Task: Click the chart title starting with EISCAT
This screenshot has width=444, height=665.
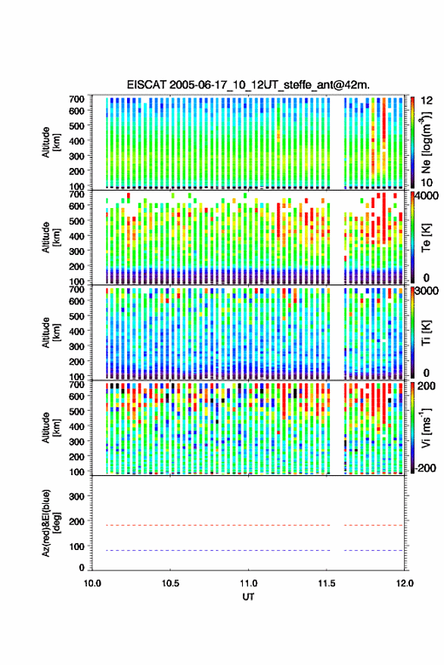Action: (x=249, y=85)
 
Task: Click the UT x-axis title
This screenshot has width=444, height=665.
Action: (x=248, y=597)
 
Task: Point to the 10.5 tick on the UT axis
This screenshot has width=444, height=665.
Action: (x=170, y=583)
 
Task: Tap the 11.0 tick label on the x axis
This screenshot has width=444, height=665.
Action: (x=248, y=583)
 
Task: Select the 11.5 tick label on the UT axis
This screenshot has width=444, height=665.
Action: (x=326, y=583)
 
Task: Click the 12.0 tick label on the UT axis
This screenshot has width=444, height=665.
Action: (x=404, y=583)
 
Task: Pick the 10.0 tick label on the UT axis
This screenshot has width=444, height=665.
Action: (x=92, y=583)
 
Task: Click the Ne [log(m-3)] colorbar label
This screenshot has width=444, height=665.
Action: (x=426, y=142)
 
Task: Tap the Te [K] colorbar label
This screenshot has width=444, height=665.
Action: (x=426, y=238)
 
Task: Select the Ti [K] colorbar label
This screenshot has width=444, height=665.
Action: (x=426, y=333)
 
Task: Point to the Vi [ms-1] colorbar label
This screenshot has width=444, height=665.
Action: (x=426, y=427)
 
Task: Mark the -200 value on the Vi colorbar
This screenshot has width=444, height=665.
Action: (x=425, y=468)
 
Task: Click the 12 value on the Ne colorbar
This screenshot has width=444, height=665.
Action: (x=427, y=101)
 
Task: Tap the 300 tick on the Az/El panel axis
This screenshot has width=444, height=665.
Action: (x=77, y=496)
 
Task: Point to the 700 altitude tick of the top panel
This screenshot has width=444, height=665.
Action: (x=77, y=99)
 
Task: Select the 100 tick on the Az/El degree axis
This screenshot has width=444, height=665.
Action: (x=77, y=546)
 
